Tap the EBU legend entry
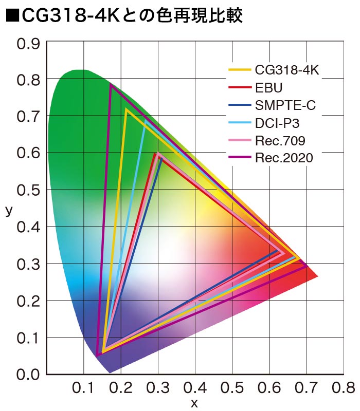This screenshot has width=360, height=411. pos(269,87)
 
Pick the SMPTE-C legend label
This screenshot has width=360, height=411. pos(285,105)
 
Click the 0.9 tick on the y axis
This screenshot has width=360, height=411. pos(28,43)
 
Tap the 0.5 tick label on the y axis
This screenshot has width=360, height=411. pos(28,190)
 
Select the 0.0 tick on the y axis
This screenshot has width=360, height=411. pos(28,373)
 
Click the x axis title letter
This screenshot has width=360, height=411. pos(194,403)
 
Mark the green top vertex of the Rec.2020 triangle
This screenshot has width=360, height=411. pos(111,85)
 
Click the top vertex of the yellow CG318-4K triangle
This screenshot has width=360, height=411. pos(126,109)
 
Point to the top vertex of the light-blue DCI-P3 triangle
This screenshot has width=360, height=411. pos(146,121)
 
